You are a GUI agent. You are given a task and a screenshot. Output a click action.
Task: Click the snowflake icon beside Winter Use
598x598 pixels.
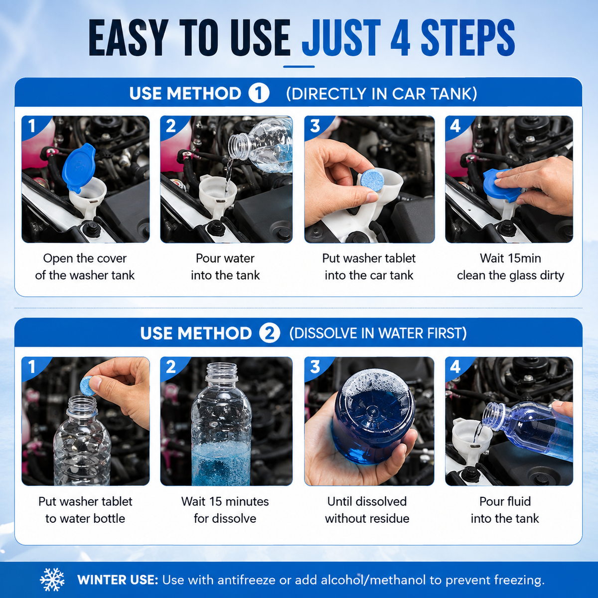pyautogui.click(x=52, y=580)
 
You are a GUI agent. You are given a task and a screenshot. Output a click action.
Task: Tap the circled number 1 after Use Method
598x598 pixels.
pyautogui.click(x=259, y=93)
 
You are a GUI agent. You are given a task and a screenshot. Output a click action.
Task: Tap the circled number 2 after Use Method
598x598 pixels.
pyautogui.click(x=270, y=333)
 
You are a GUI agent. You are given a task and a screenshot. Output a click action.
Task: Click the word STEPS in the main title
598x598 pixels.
pyautogui.click(x=467, y=38)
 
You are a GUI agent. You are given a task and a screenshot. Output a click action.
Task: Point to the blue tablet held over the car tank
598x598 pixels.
pyautogui.click(x=374, y=182)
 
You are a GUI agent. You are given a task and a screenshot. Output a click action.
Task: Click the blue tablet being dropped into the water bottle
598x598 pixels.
pyautogui.click(x=88, y=385)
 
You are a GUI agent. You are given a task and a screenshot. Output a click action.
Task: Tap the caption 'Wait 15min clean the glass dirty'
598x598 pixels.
pyautogui.click(x=510, y=267)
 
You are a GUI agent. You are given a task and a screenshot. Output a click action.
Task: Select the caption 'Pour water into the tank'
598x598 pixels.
pyautogui.click(x=225, y=267)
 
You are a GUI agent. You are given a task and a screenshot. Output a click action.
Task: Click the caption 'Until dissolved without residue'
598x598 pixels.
pyautogui.click(x=367, y=510)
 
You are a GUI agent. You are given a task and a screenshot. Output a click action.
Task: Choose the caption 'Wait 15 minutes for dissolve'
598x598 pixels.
pyautogui.click(x=225, y=510)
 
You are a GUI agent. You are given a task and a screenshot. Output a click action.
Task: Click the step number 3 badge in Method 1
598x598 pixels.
pyautogui.click(x=315, y=126)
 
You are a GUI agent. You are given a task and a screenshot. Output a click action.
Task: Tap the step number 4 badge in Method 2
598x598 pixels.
pyautogui.click(x=455, y=367)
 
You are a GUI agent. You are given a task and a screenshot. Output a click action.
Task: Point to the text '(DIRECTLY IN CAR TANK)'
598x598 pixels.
pyautogui.click(x=381, y=94)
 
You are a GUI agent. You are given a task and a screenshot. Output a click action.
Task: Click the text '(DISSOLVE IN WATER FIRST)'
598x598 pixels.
pyautogui.click(x=378, y=333)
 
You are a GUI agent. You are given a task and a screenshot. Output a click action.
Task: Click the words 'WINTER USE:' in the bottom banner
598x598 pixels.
pyautogui.click(x=118, y=580)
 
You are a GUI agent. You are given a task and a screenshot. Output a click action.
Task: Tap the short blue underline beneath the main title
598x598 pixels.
pyautogui.click(x=299, y=66)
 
